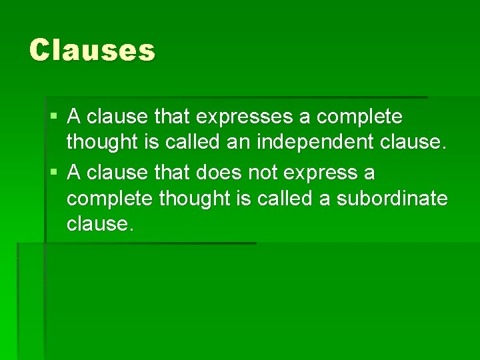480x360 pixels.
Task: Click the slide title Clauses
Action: pos(92,50)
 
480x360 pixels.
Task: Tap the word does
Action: pos(219,173)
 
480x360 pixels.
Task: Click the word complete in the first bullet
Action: pos(359,118)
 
